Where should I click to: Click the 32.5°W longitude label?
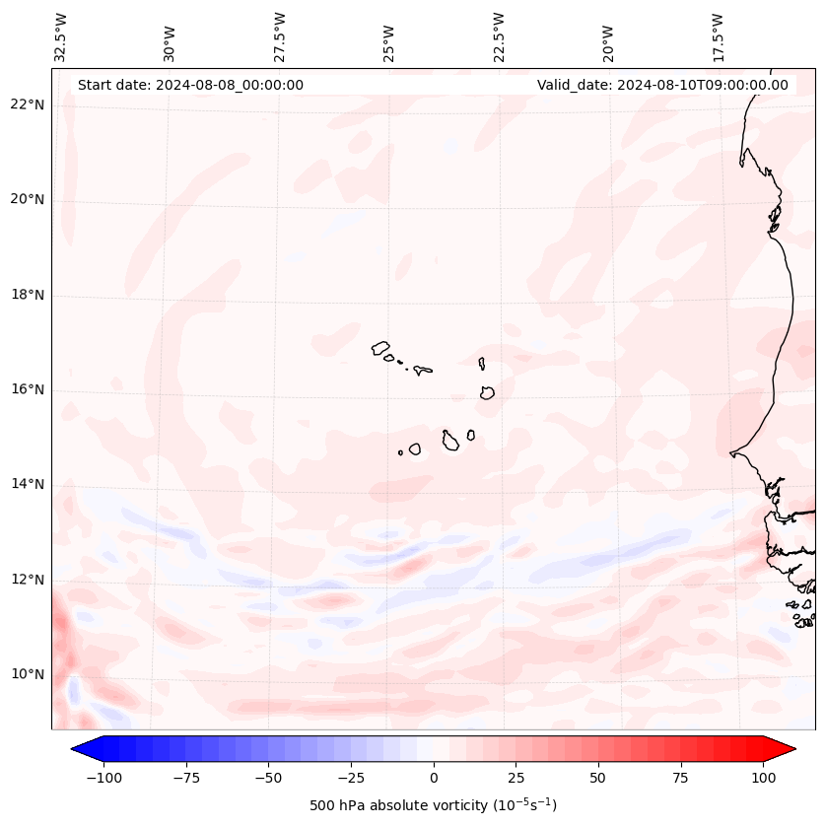tap(61, 36)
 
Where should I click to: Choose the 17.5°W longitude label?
tap(718, 36)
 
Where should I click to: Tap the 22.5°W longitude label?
tap(499, 36)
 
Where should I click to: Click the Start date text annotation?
tap(190, 85)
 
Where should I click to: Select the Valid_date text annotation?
tap(662, 85)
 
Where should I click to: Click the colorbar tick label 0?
tap(434, 778)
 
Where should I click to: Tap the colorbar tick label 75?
tap(681, 778)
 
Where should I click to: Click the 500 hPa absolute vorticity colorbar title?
tap(433, 805)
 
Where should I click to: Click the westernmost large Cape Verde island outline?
tap(380, 347)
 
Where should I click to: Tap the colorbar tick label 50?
tap(598, 778)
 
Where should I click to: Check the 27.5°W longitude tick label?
tap(280, 36)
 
